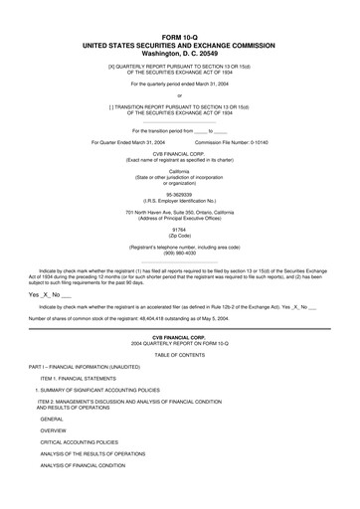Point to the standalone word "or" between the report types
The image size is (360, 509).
coord(180,94)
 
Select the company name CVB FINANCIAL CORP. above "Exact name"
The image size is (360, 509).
coord(180,153)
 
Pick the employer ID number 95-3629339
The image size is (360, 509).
coord(180,195)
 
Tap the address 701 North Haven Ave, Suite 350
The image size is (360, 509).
coord(180,214)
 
